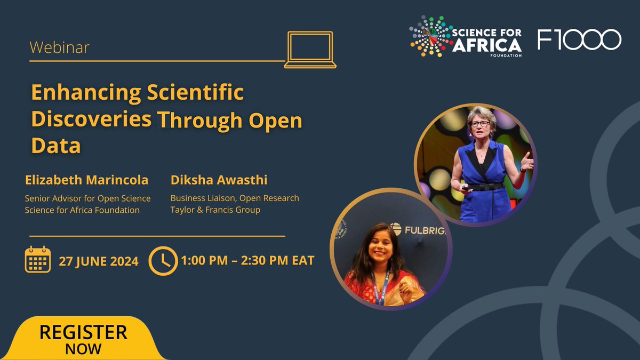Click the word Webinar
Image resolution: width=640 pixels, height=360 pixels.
(x=59, y=48)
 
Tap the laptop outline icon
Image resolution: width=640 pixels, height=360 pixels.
(x=310, y=50)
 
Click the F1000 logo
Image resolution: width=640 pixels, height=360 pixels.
(x=579, y=40)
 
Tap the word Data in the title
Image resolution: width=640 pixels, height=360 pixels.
(x=55, y=146)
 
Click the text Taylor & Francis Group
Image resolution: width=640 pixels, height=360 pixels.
(x=215, y=210)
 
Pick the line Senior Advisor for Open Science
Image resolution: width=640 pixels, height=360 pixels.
(x=87, y=198)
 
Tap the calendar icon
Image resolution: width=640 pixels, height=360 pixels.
(x=38, y=260)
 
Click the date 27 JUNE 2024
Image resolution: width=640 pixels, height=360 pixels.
(x=99, y=261)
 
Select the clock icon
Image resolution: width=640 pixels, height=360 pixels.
(x=163, y=260)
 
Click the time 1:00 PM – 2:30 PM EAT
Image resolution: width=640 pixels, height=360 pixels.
(x=247, y=261)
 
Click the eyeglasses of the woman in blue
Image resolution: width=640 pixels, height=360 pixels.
(x=480, y=124)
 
